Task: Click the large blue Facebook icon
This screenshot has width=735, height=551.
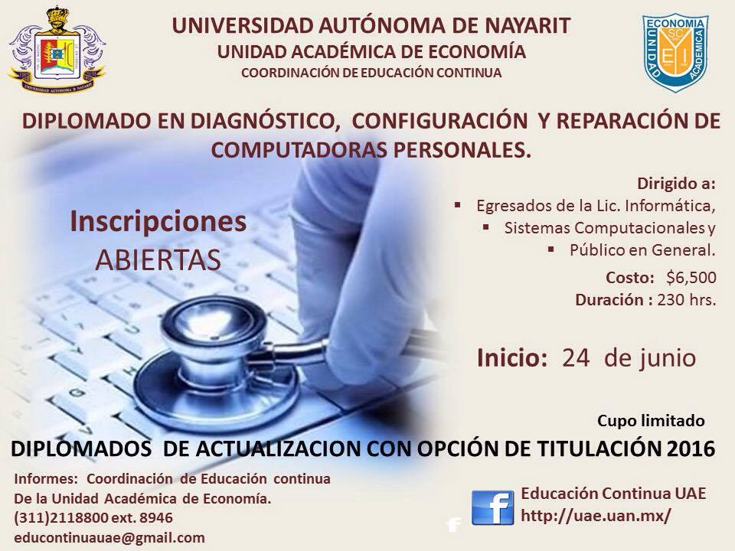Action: (x=492, y=507)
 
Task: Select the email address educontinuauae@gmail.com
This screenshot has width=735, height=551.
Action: (x=109, y=537)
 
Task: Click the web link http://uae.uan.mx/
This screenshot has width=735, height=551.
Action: (x=596, y=516)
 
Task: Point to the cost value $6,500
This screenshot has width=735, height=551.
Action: (x=691, y=277)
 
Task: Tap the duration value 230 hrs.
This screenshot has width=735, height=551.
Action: (x=687, y=299)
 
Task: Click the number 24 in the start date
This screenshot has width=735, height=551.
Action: (x=576, y=358)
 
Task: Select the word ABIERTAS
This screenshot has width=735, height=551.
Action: (x=158, y=260)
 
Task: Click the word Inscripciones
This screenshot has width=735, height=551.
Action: (x=158, y=222)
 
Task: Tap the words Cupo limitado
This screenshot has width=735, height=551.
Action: (x=651, y=421)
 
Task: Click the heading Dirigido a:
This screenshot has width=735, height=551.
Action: (x=676, y=184)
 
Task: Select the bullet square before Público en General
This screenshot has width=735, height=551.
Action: (x=551, y=248)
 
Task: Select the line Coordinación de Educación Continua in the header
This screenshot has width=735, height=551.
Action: (x=371, y=73)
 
